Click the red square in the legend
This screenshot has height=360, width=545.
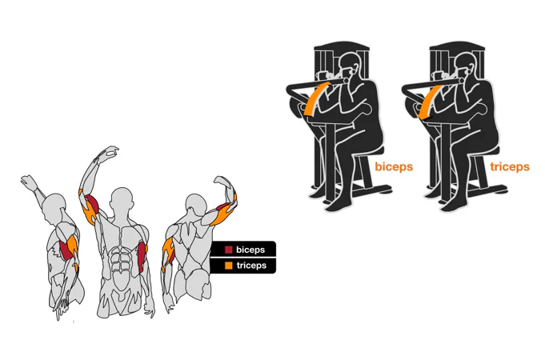point(228,250)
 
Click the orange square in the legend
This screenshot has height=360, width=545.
point(228,266)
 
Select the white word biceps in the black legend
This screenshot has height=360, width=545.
point(250,250)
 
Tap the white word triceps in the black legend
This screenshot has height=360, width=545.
point(251,266)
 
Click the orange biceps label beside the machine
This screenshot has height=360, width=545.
point(394,166)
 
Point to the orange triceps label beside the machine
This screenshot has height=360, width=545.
point(510,166)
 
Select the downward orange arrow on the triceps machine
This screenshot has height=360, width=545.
point(430,102)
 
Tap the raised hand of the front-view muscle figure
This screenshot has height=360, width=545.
point(110,152)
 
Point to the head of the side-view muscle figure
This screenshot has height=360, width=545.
point(54,205)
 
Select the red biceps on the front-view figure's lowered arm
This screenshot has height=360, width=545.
point(142,257)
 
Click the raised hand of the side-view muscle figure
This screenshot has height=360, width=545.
point(29,182)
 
